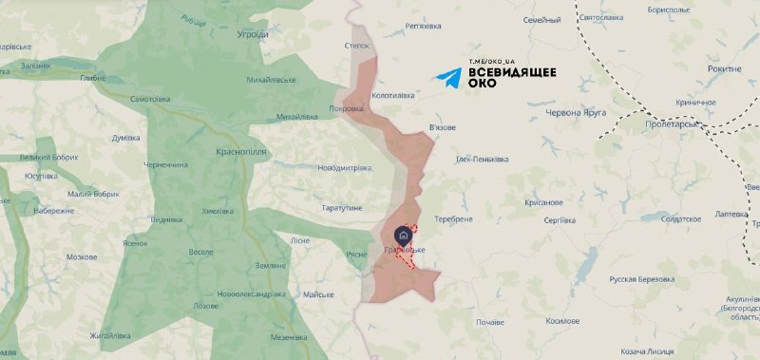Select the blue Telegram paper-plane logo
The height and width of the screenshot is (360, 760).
[x=449, y=79]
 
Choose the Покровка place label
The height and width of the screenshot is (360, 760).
[x=347, y=109]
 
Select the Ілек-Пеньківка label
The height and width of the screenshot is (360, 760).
[x=483, y=159]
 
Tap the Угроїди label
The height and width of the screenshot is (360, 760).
[x=253, y=34]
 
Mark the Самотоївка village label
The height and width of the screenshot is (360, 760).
[x=149, y=99]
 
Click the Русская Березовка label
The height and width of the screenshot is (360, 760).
[x=641, y=279]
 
